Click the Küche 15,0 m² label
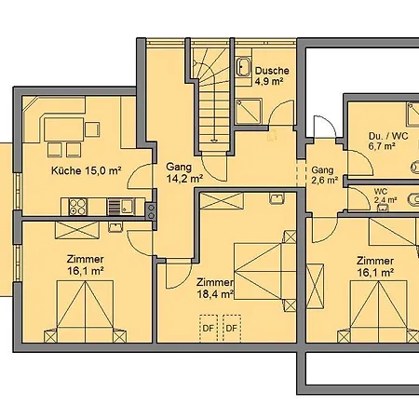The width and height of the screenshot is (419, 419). click(x=86, y=170)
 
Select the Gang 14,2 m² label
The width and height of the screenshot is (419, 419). click(x=184, y=172)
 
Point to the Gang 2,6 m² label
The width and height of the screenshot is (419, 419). click(x=324, y=175)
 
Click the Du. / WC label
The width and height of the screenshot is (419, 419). click(x=388, y=136)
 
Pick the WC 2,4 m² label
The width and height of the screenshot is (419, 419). click(x=385, y=196)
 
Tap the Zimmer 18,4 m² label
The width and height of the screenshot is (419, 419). click(x=215, y=288)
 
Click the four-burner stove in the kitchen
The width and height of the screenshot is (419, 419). click(x=77, y=207)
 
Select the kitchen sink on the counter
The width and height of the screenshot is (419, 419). click(x=120, y=207)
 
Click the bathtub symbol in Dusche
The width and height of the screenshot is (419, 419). click(x=243, y=67)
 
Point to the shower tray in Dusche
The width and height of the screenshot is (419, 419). click(x=248, y=111)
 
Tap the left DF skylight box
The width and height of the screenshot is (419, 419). click(x=209, y=329)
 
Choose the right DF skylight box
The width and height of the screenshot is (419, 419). click(x=232, y=329)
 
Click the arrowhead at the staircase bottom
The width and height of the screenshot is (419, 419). click(x=213, y=141)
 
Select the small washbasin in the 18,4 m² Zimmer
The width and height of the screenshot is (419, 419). click(x=277, y=198)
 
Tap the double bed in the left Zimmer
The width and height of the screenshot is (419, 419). click(x=85, y=311)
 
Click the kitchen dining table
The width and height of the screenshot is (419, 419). click(x=63, y=129)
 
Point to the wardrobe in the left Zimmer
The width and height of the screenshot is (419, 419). click(x=77, y=230)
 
